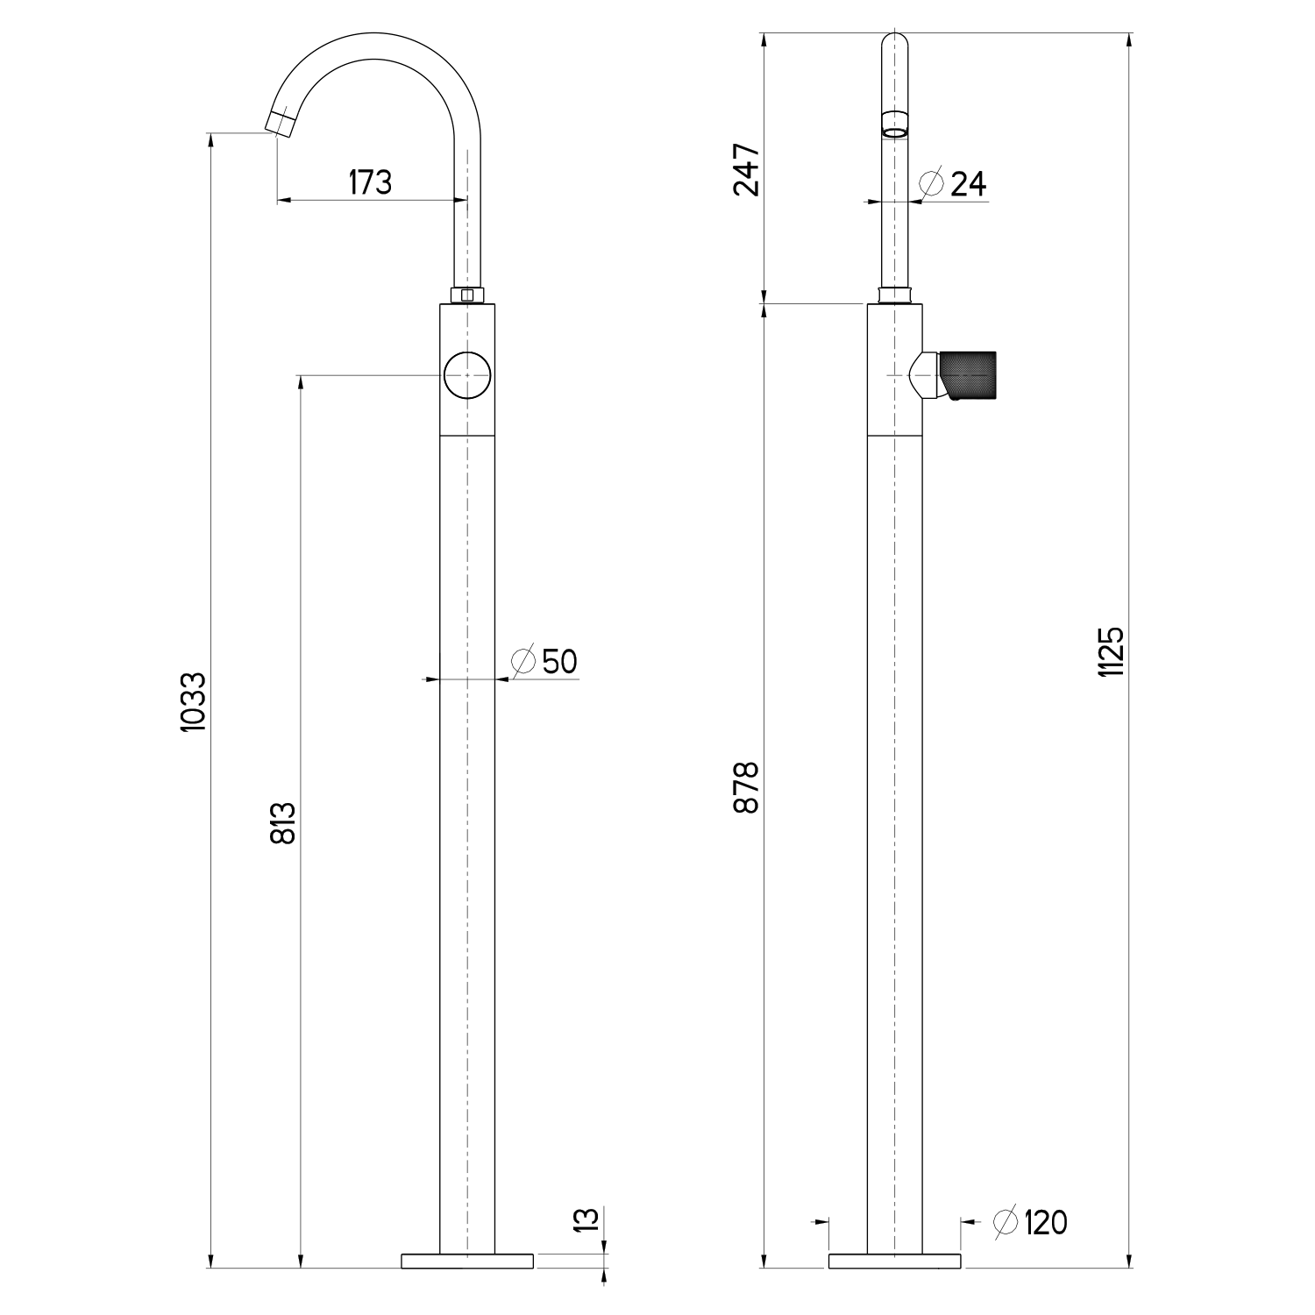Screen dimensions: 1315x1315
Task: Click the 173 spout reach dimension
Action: point(370,182)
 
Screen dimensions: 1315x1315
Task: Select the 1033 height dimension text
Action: point(194,702)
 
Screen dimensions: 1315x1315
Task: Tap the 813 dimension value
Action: point(283,822)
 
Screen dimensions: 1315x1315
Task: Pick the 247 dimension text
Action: point(747,170)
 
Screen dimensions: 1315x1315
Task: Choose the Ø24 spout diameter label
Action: point(952,183)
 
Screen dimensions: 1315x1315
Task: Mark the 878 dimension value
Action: point(746,787)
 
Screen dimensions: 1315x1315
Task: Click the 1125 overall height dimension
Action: point(1111,650)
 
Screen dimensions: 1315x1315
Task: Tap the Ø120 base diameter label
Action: point(1031,1221)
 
